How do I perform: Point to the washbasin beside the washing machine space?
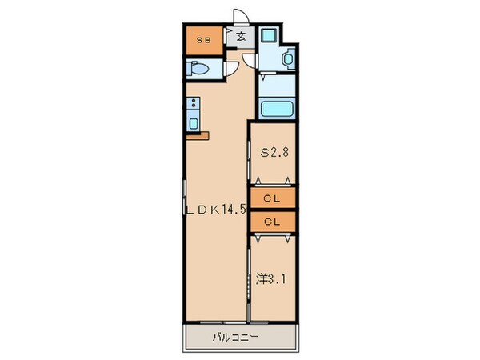tap(288, 58)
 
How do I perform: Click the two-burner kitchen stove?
tap(193, 103)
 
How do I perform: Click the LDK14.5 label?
tap(215, 210)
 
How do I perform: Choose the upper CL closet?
tap(272, 197)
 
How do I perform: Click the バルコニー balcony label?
tap(235, 337)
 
